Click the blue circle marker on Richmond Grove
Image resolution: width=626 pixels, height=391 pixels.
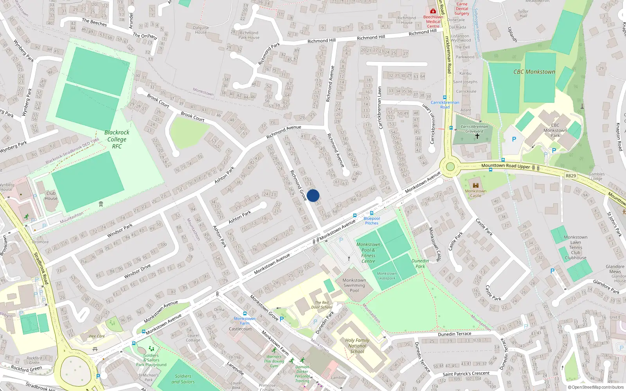coord(313,195)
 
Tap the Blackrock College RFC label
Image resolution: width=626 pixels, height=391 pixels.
coord(117,139)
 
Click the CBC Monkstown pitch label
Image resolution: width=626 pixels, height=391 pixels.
coord(534,72)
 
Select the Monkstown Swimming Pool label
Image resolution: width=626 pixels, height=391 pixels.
coord(354,285)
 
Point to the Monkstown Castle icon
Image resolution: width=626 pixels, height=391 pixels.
coord(476,185)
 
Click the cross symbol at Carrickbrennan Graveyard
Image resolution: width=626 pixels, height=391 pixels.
coord(477,136)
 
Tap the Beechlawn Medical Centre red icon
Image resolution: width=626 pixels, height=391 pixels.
coord(433,11)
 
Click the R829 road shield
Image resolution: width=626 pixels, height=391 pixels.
coord(571,176)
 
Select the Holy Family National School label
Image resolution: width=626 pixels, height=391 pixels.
coord(357,346)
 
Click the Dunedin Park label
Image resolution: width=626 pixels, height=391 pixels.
coord(420,264)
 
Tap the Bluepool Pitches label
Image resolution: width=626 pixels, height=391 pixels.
coord(372,221)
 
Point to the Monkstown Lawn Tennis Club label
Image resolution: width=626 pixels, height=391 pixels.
coord(576,247)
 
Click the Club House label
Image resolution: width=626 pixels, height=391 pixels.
coord(51,195)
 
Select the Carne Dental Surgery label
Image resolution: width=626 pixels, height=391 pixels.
coord(462,9)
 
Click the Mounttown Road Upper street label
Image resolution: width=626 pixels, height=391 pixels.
coord(505,166)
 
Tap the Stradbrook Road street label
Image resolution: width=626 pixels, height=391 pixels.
coord(41,268)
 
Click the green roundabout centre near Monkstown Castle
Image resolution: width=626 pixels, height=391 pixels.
coord(450,167)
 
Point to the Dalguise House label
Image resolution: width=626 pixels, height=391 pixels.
coord(201,30)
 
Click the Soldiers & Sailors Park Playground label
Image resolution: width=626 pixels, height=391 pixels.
coord(151,360)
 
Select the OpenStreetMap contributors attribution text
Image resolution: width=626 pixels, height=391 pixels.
coord(596,387)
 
